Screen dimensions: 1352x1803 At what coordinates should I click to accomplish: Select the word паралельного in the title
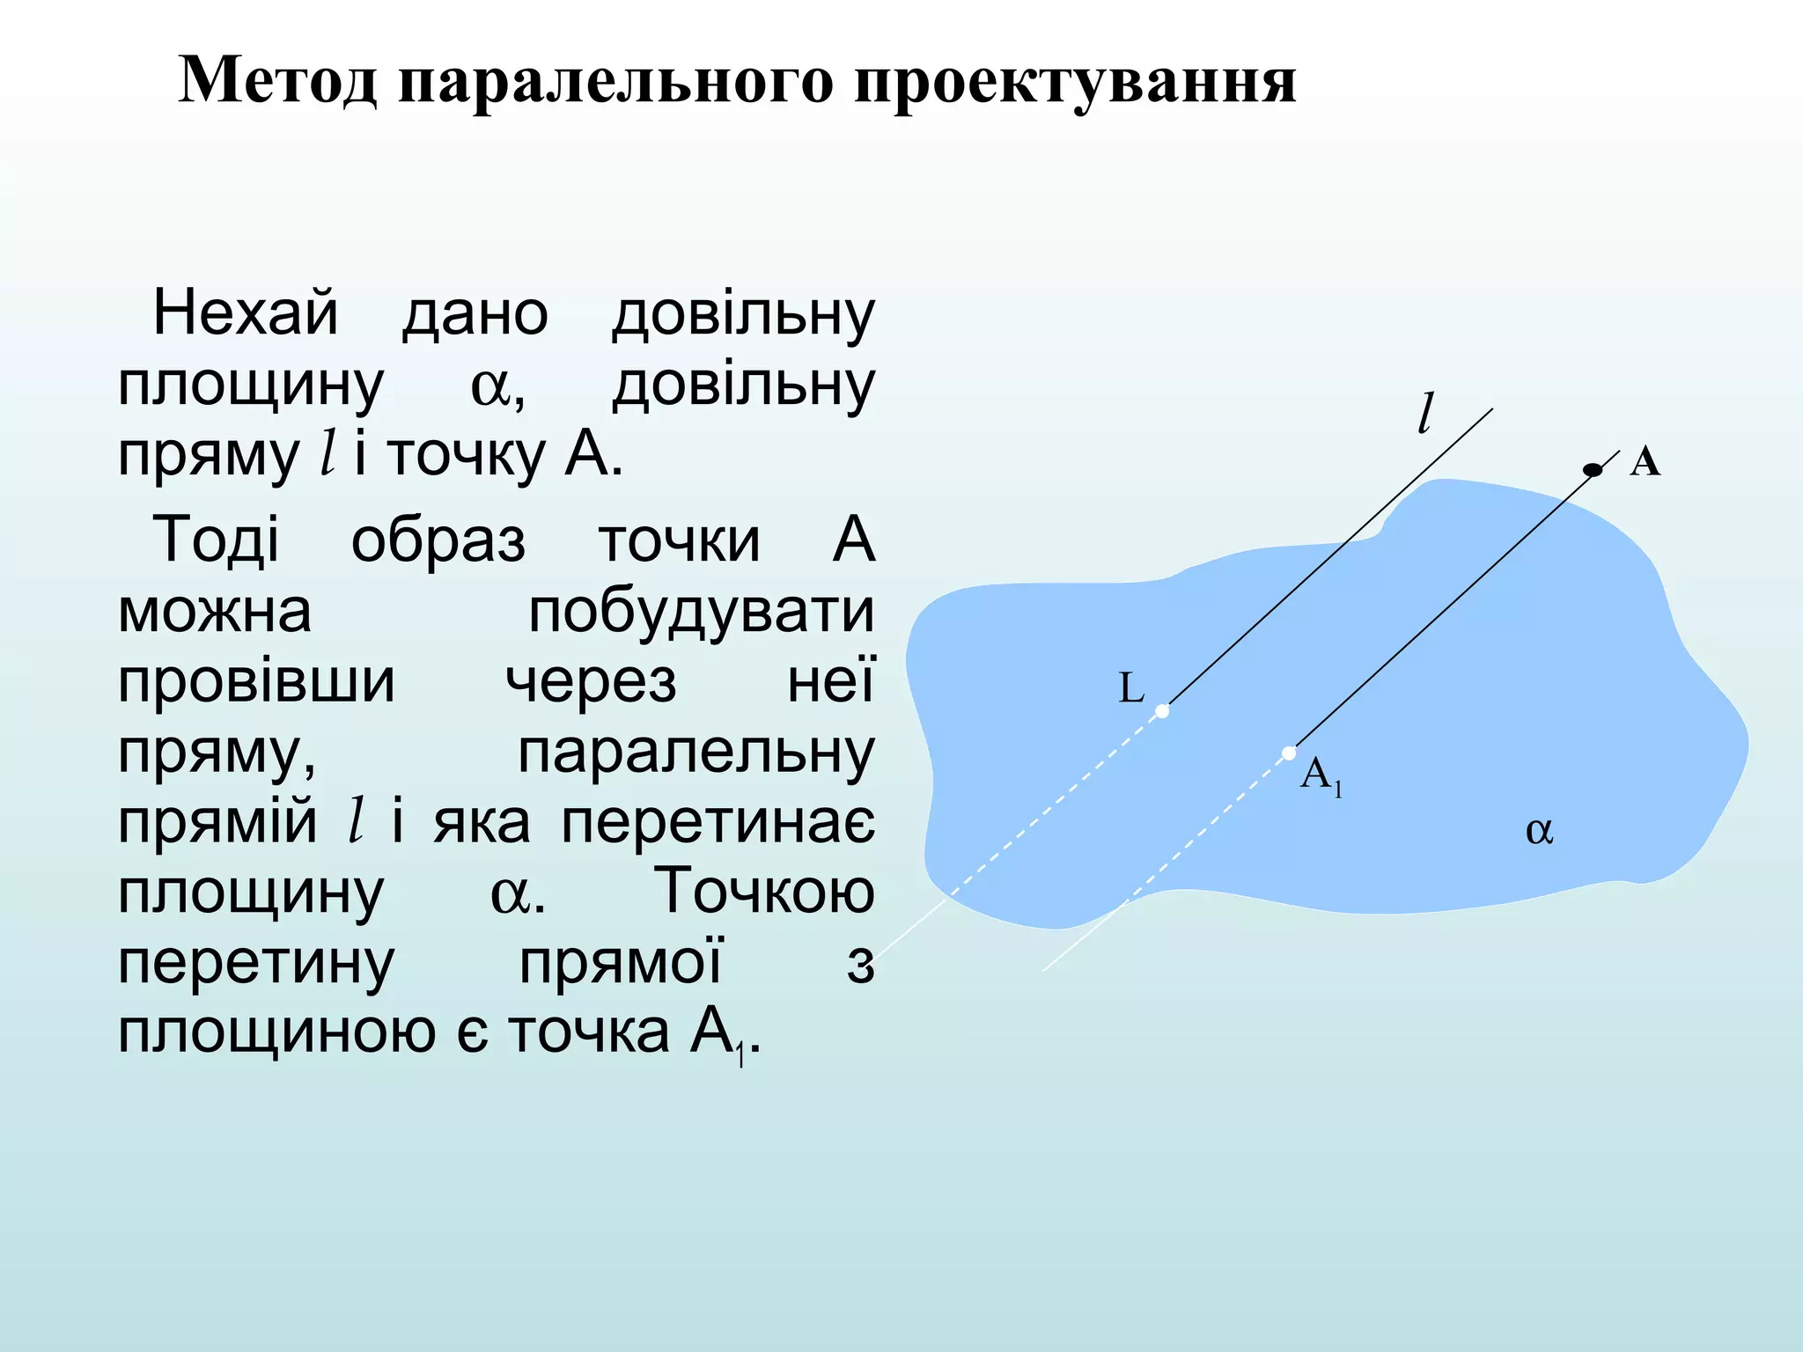(615, 83)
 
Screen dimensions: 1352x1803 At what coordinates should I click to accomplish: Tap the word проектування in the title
(1075, 84)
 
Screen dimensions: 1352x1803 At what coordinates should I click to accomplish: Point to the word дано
(475, 315)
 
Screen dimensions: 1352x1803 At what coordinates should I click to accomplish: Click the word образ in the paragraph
(438, 540)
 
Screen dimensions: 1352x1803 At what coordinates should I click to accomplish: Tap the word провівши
(257, 682)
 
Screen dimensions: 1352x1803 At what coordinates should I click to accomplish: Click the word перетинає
(718, 822)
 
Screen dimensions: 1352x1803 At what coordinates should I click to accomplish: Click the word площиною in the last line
(277, 1033)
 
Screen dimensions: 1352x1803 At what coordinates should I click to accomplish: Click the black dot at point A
(1593, 470)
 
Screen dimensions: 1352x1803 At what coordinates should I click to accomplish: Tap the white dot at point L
(1162, 710)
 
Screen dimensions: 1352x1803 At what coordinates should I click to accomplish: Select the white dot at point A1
(1289, 753)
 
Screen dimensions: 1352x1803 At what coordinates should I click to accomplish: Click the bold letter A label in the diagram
(1645, 461)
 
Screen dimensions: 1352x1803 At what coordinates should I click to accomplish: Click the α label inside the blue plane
(1539, 831)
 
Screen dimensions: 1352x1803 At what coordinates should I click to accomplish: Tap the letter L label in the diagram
(1131, 687)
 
